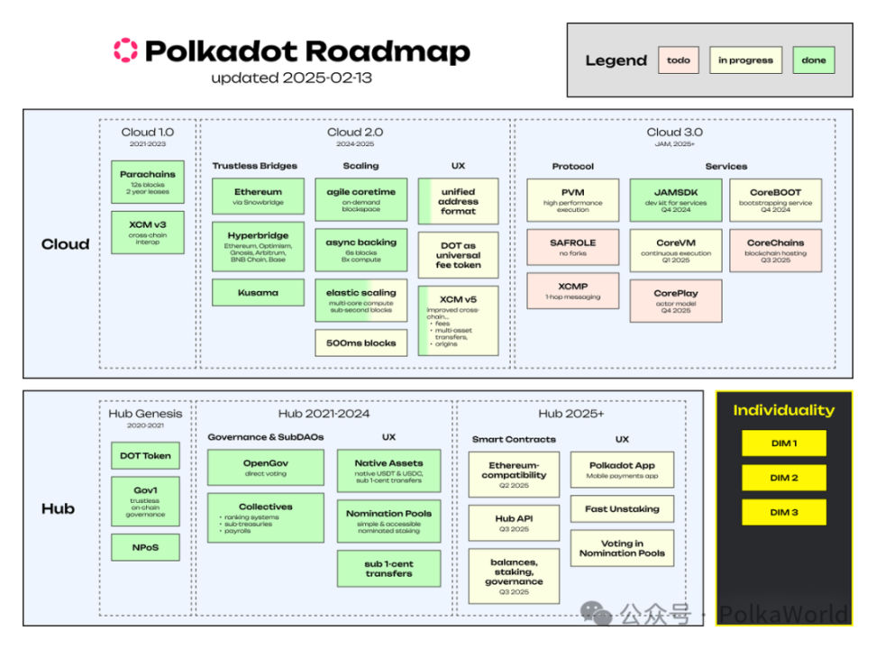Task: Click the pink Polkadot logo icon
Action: pos(125,50)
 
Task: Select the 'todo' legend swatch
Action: pos(679,60)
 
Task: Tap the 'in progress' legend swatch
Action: pos(745,60)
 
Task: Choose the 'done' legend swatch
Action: pos(814,60)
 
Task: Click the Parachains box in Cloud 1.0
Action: pos(148,181)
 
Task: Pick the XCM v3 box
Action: pos(148,233)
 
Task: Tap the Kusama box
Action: pos(258,293)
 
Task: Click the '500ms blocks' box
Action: pos(360,343)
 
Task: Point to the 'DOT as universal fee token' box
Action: pos(458,255)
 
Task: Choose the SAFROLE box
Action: pos(572,249)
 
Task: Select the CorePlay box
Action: pos(675,300)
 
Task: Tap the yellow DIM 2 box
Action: pos(783,478)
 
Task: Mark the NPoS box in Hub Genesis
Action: pos(145,546)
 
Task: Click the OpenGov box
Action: pos(265,467)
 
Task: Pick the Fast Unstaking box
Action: pos(621,508)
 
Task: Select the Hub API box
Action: pos(513,523)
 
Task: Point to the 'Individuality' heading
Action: pos(783,410)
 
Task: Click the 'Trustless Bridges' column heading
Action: pos(254,166)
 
